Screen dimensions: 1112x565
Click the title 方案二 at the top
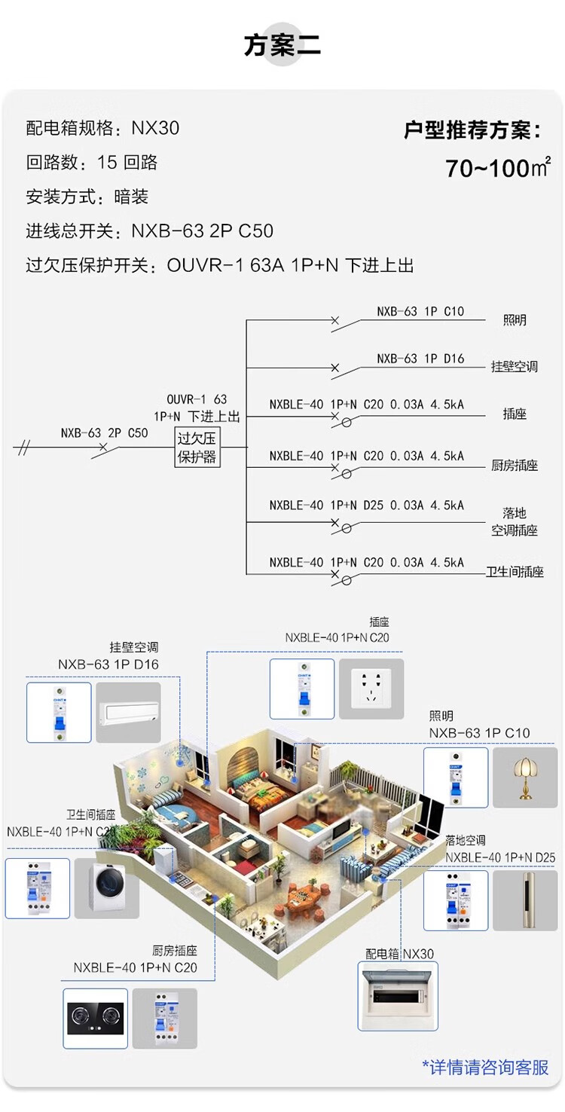[x=282, y=45]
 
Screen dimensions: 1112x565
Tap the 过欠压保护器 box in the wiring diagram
[x=197, y=447]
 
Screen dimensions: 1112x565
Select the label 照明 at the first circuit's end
[x=515, y=321]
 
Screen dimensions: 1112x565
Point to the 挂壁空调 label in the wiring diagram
[x=515, y=367]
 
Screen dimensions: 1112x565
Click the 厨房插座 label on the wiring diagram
[x=515, y=466]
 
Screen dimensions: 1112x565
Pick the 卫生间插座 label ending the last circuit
[x=515, y=573]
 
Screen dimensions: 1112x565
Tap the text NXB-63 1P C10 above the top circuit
[x=420, y=311]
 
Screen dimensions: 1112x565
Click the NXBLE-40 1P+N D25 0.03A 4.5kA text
[x=367, y=506]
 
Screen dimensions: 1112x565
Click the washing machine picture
[x=106, y=888]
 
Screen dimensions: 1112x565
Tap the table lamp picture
[x=524, y=777]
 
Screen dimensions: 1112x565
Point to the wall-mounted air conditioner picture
[x=128, y=713]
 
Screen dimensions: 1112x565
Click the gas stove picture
[x=95, y=1019]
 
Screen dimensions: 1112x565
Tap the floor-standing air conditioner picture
[x=524, y=900]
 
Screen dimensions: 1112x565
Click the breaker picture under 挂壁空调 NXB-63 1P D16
[x=59, y=713]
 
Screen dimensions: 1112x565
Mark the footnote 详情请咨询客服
[x=485, y=1067]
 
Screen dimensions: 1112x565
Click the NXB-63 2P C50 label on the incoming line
[x=104, y=433]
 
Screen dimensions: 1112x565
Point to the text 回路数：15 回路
[x=91, y=163]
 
